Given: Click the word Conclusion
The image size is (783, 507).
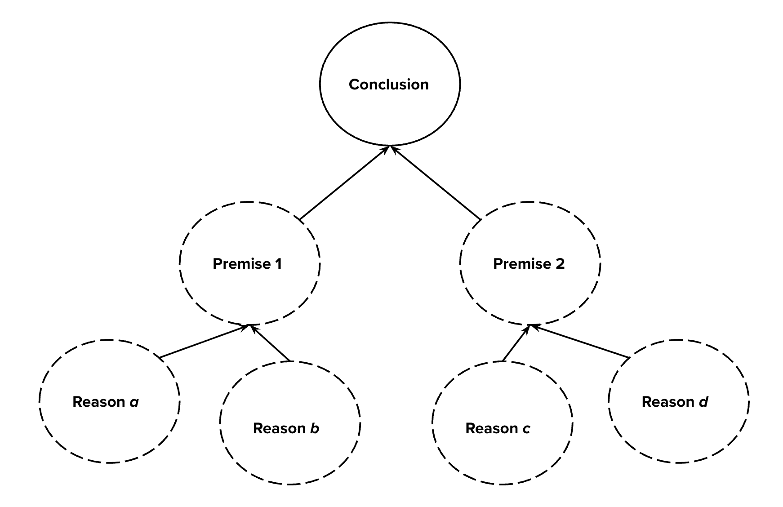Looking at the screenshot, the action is [389, 84].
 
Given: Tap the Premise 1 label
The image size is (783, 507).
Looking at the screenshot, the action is [247, 264].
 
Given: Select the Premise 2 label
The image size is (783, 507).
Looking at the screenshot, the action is [529, 264].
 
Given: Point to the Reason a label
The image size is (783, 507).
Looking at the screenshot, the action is [106, 402].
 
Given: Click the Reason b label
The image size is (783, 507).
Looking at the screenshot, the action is [286, 428].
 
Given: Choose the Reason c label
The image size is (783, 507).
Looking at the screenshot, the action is [498, 428].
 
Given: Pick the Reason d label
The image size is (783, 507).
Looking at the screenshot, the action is [675, 402].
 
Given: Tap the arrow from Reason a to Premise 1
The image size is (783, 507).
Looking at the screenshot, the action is [205, 342].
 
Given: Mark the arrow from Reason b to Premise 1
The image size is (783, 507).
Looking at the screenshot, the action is [271, 343].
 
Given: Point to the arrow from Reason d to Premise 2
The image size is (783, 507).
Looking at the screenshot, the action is [579, 342].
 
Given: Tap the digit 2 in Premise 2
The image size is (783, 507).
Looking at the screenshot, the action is [560, 264].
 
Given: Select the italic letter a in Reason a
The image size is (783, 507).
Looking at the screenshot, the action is [134, 402].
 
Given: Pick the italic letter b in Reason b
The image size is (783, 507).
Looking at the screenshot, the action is [315, 428].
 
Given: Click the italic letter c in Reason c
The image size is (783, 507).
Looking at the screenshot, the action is [526, 429].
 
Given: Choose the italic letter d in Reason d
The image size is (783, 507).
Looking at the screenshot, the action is [703, 402].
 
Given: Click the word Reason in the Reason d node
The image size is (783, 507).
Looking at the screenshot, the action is [668, 402].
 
